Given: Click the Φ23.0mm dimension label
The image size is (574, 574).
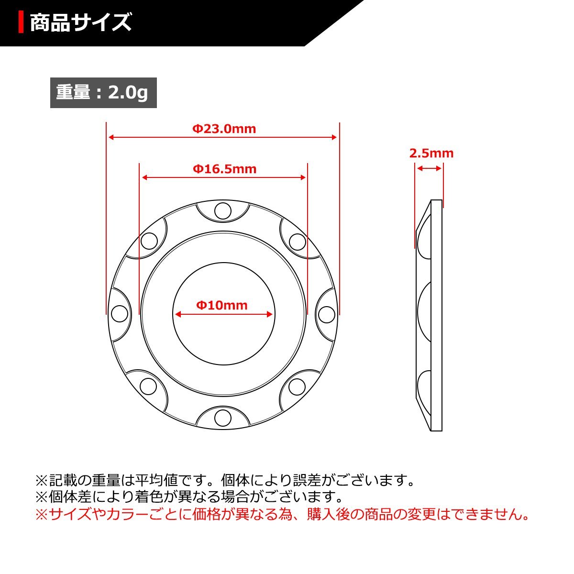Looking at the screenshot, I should pos(224,129).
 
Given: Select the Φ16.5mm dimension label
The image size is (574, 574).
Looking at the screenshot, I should pos(224,169).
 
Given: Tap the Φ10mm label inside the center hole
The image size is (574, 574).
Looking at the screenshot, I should pos(222,305).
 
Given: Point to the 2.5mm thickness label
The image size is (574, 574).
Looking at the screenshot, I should pos(431,154).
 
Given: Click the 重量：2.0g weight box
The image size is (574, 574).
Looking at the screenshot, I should pos(103,92).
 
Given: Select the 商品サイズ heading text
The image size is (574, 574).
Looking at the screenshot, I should pos(80,22).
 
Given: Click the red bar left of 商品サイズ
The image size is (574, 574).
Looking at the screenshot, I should pos(21,22).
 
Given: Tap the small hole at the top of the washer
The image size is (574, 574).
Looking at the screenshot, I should pos(222,211).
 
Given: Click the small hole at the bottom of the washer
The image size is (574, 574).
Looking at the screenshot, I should pos(222,417).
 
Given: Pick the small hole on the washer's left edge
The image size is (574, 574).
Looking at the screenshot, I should pos(120,314).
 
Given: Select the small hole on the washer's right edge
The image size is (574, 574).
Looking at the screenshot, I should pos(326,314).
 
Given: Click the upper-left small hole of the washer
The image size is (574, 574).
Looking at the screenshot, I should pos(149,241).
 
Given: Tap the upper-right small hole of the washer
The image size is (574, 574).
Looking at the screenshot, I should pos(297,242).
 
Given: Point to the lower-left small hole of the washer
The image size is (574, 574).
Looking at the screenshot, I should pos(148,386).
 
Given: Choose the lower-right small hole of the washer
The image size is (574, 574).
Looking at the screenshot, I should pos(297,386).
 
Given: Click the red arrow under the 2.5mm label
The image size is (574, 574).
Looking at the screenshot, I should pos(429,168).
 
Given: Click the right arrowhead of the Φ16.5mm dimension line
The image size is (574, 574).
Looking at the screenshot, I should pos(303,177).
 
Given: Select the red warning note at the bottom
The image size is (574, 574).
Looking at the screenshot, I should pos(282,515).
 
